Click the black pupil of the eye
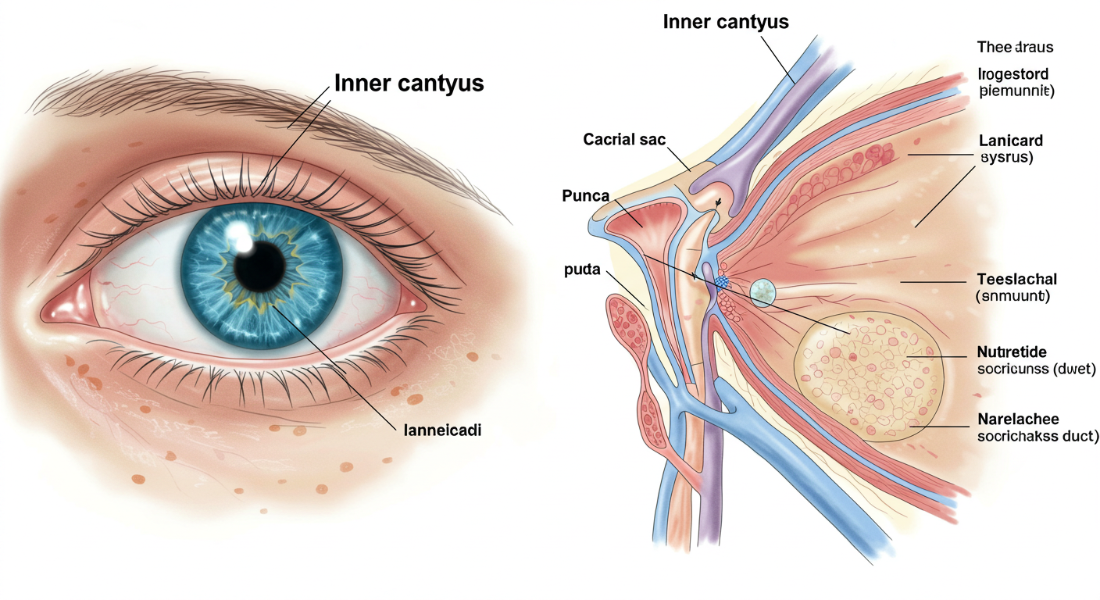[x=259, y=266]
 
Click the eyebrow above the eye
[x=234, y=102]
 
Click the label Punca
[x=585, y=195]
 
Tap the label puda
[x=581, y=270]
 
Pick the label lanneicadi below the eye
[x=441, y=429]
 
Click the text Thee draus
[x=1015, y=47]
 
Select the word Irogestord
[x=1013, y=74]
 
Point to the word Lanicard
[x=1010, y=141]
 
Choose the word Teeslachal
[x=1016, y=280]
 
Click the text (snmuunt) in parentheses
[x=1013, y=297]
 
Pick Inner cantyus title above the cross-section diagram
[x=725, y=21]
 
